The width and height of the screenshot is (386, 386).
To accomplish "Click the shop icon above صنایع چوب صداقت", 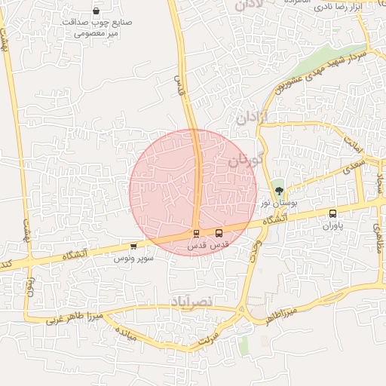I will [x=97, y=11].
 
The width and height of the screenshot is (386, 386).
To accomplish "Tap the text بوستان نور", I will [x=275, y=204].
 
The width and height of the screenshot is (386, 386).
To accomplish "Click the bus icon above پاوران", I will [x=332, y=213].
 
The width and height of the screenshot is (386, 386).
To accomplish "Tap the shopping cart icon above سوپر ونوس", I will [x=133, y=246].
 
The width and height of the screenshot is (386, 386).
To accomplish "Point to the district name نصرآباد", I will [x=193, y=301].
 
